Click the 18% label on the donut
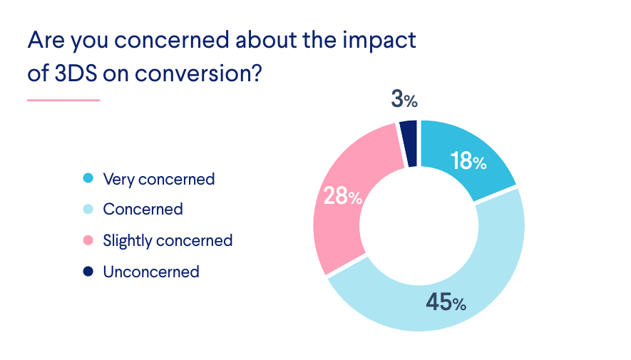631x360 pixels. click(468, 161)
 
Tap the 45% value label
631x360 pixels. click(446, 302)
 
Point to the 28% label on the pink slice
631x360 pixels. click(343, 196)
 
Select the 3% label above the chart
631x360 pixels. click(404, 99)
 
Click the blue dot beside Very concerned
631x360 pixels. click(88, 178)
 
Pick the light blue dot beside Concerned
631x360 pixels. click(88, 210)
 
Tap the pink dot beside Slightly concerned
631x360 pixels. click(88, 240)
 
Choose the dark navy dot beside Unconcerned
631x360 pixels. click(88, 272)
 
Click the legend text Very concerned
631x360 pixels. click(158, 178)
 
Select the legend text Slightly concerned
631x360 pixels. click(168, 240)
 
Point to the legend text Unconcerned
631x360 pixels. click(150, 272)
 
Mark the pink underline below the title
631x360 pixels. click(63, 100)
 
